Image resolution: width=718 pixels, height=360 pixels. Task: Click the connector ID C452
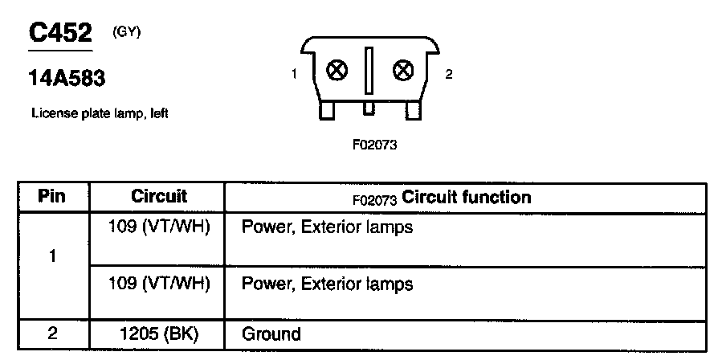point(60,33)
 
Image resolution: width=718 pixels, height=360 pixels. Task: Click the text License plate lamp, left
point(99,114)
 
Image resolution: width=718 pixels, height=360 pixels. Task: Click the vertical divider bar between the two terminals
point(369,72)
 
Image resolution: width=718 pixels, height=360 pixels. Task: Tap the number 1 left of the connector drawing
point(295,75)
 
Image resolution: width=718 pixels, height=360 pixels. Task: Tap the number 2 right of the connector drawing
point(448,75)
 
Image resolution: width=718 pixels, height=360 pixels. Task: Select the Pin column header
point(52,197)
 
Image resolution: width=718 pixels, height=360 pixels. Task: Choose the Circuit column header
point(158,197)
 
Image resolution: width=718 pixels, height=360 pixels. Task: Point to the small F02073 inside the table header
point(375,198)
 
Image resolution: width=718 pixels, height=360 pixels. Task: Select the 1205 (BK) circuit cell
point(158,334)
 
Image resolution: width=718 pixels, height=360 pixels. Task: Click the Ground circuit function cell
point(271,334)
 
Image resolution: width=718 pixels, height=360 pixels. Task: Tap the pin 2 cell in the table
point(52,334)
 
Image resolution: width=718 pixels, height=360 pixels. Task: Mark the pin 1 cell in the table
point(52,258)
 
